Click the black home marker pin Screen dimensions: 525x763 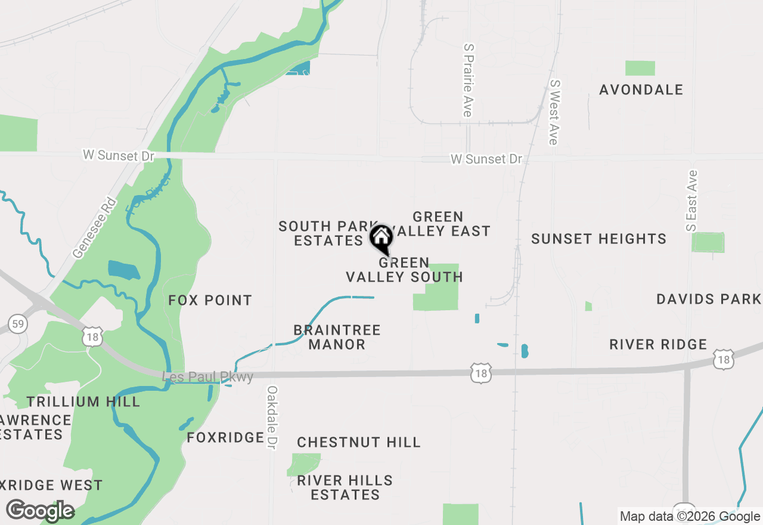[x=381, y=239]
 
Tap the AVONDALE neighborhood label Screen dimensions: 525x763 [x=641, y=90]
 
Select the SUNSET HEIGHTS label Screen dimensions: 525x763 [x=598, y=239]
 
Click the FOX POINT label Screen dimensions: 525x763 [x=210, y=300]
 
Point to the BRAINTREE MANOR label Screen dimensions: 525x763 [x=337, y=337]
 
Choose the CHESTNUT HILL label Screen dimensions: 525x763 [x=359, y=442]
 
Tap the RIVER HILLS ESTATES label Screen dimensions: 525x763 [x=345, y=487]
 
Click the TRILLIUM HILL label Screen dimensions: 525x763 [x=83, y=402]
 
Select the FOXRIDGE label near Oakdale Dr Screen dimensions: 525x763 [x=225, y=438]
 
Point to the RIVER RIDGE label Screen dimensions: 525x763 [x=658, y=344]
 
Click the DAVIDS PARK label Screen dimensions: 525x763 [x=709, y=299]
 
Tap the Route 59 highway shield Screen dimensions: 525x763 [x=18, y=325]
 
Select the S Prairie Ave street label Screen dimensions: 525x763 [x=468, y=79]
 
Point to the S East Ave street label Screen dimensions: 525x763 [x=691, y=200]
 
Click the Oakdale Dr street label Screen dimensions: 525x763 [x=272, y=418]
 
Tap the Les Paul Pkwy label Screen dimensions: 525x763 [x=208, y=377]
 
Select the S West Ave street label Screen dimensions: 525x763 [x=554, y=112]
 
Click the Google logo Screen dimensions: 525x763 [x=41, y=511]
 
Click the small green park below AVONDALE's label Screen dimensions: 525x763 [x=640, y=68]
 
